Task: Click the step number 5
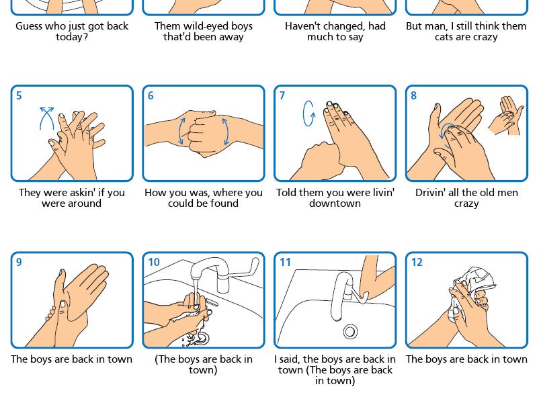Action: [x=19, y=96]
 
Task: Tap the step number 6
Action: [x=151, y=96]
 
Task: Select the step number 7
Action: [x=282, y=96]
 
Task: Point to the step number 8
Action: [x=414, y=96]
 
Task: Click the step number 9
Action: [x=19, y=263]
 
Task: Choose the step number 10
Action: [x=154, y=263]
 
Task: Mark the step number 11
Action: [x=285, y=263]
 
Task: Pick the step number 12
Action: [x=417, y=263]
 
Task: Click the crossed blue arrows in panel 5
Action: [x=47, y=117]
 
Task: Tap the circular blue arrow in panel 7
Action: [x=309, y=114]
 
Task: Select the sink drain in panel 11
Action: [x=349, y=331]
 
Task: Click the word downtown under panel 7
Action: [x=335, y=204]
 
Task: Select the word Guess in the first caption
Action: [x=30, y=26]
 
